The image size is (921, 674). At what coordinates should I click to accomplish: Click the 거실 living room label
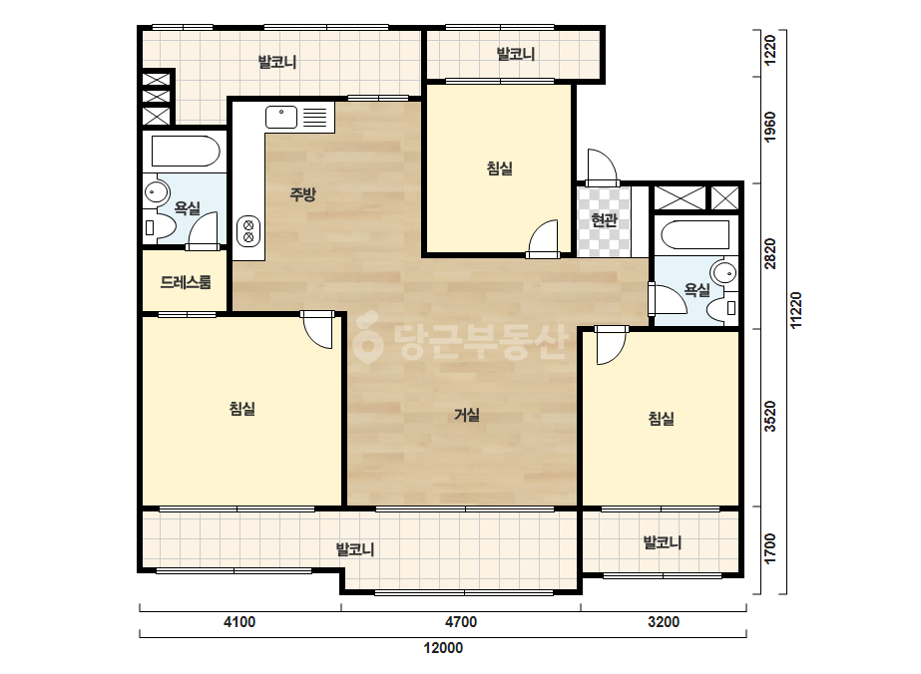click(x=467, y=415)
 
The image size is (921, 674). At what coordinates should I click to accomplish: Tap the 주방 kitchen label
click(x=303, y=193)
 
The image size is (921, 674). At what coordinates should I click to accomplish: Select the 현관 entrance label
click(x=605, y=220)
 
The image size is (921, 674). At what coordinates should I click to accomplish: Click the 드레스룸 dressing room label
click(x=186, y=282)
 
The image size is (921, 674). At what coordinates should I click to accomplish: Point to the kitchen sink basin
click(x=281, y=117)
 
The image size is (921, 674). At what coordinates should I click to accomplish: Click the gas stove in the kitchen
click(x=248, y=230)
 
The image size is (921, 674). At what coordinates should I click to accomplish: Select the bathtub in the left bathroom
click(x=185, y=152)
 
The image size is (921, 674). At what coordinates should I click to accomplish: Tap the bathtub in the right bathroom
click(x=695, y=234)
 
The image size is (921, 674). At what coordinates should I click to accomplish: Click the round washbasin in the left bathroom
click(x=157, y=192)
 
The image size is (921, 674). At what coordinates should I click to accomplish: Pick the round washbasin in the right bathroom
click(x=723, y=272)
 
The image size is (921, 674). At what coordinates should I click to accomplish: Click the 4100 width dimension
click(x=239, y=622)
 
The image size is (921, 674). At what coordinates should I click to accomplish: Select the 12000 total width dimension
click(x=443, y=648)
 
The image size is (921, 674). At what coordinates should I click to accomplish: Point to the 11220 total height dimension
click(x=796, y=311)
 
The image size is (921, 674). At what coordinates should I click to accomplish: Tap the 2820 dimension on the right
click(x=770, y=253)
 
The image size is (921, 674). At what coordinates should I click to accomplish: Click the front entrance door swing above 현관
click(x=602, y=166)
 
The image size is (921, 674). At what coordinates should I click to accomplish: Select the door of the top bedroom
click(x=543, y=239)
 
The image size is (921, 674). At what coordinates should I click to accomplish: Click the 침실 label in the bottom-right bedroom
click(x=662, y=419)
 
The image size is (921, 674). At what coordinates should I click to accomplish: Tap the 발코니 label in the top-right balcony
click(x=516, y=55)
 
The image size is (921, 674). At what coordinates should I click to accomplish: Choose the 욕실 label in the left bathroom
click(x=188, y=207)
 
